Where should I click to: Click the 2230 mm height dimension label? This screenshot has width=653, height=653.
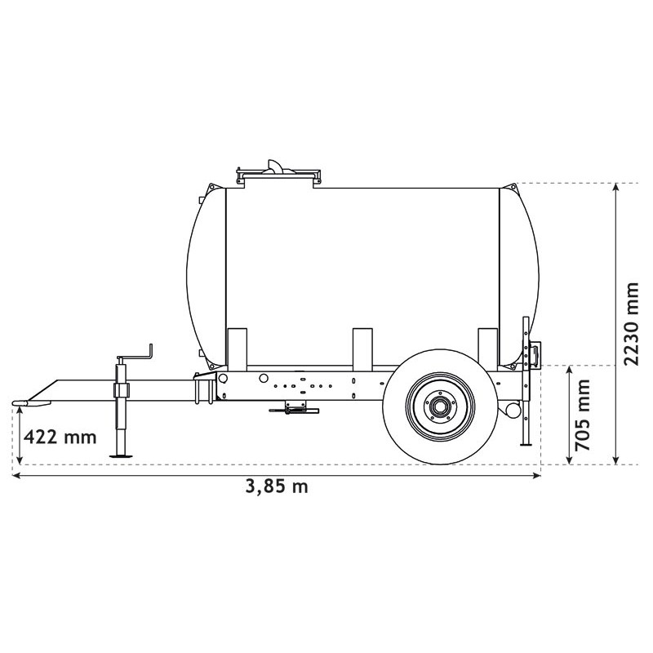point(631,324)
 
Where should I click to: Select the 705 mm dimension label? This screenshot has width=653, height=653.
point(583,415)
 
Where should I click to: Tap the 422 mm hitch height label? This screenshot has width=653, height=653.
point(60,436)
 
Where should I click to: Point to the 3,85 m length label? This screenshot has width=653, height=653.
point(277,486)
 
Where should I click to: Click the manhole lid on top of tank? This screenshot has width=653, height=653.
point(277,171)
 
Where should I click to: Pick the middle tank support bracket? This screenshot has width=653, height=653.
point(363,347)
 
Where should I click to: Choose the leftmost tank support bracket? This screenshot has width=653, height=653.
point(237,347)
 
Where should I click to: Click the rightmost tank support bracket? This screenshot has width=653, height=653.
point(487,347)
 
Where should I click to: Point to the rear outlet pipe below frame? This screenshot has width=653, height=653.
point(513,407)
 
